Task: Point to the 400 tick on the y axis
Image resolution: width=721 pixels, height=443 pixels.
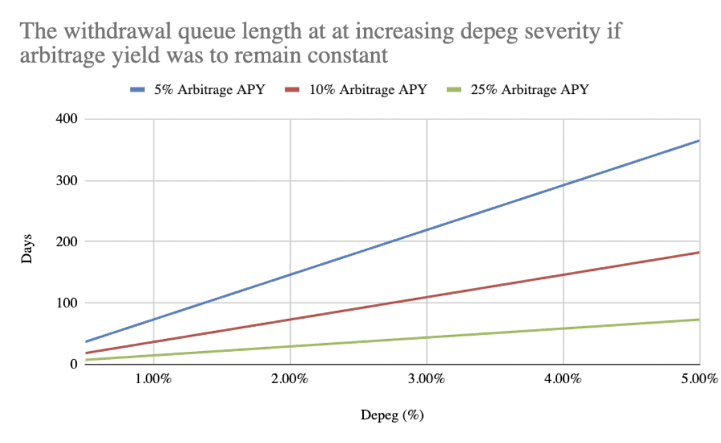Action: click(67, 119)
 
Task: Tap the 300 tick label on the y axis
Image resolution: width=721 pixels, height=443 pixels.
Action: click(67, 181)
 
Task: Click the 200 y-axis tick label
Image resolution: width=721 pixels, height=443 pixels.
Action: click(67, 242)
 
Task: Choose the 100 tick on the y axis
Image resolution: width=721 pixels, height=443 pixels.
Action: click(67, 303)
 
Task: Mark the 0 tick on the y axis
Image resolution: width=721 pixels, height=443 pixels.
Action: click(73, 364)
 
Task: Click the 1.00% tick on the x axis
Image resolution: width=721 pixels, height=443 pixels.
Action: click(154, 379)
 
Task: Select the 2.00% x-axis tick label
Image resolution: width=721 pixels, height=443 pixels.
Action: click(290, 379)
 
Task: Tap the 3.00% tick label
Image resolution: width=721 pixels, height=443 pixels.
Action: click(427, 379)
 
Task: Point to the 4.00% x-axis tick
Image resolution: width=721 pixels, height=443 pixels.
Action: click(563, 379)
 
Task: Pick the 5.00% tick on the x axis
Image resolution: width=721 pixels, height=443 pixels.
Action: click(698, 379)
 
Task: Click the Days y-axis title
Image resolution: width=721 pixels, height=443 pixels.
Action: click(28, 248)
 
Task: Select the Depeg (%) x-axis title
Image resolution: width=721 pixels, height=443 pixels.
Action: click(393, 415)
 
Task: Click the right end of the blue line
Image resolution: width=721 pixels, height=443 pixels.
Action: click(699, 140)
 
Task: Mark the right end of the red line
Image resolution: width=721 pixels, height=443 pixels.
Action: click(699, 252)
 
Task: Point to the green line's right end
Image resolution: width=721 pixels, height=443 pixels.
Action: click(699, 319)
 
